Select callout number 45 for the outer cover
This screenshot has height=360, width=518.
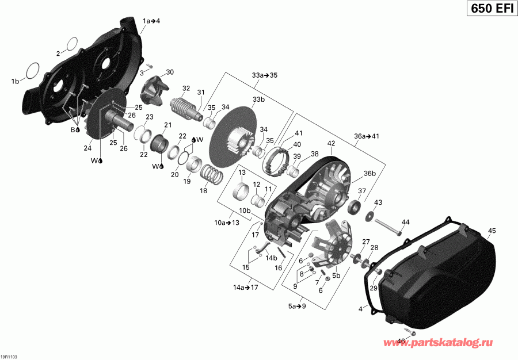tap(492, 231)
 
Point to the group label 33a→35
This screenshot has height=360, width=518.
tap(265, 75)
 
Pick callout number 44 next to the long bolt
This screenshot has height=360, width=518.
tap(405, 222)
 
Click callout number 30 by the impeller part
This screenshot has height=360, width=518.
tap(169, 72)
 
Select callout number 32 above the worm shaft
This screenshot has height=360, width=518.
tap(186, 88)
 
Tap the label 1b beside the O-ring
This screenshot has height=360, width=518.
tap(14, 81)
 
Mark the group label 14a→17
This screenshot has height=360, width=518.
tap(245, 286)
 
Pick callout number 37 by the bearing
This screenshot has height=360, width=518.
tap(362, 192)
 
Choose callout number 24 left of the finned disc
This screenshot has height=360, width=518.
tap(88, 148)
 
